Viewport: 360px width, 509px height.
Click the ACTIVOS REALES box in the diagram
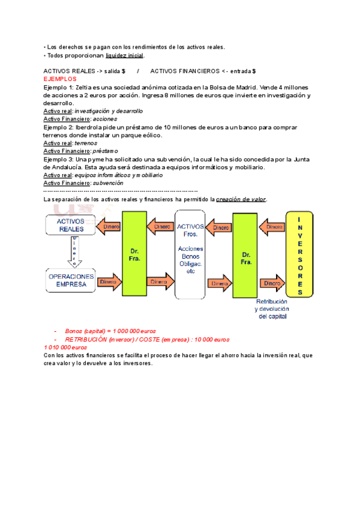70,225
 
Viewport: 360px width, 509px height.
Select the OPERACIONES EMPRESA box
70,280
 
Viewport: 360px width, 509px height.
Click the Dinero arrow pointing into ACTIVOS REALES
107,227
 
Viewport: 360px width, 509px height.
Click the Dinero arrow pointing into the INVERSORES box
273,282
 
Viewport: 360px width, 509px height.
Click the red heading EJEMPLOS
60,79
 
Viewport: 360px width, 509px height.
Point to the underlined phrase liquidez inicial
124,56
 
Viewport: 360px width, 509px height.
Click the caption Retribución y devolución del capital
272,309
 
